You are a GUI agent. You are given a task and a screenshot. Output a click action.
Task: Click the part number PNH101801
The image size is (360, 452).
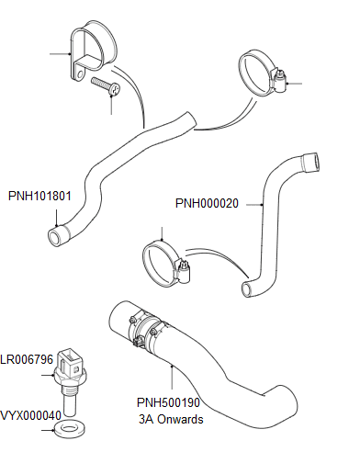(39, 196)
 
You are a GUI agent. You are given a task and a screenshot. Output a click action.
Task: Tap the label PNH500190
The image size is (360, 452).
(168, 401)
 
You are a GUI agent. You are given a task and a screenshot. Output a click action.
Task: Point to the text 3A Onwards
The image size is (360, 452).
(168, 417)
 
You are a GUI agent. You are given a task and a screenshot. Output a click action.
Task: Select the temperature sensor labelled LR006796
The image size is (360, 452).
(72, 367)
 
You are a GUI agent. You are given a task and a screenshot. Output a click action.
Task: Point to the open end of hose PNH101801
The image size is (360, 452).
(57, 237)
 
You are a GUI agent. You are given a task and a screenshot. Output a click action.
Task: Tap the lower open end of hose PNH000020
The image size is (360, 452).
(246, 290)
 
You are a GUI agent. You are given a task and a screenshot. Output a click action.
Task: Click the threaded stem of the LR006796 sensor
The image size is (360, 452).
(71, 401)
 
